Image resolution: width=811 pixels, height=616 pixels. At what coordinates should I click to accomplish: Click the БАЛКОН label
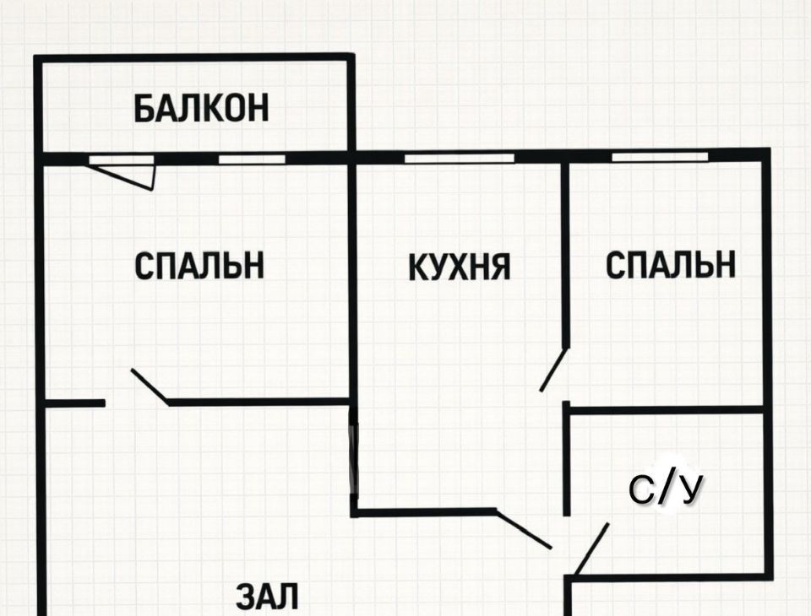click(x=201, y=108)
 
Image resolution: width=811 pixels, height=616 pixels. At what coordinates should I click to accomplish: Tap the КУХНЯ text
click(x=460, y=267)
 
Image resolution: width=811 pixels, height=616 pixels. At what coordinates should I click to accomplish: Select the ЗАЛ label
click(x=266, y=597)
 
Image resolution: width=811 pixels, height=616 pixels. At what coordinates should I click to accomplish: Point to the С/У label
click(x=666, y=489)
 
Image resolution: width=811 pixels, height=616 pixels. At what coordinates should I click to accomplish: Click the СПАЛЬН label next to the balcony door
click(x=199, y=265)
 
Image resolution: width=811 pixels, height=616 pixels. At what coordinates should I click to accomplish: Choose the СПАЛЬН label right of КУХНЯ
click(x=670, y=265)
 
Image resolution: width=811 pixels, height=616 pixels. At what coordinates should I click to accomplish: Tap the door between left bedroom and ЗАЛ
click(x=150, y=386)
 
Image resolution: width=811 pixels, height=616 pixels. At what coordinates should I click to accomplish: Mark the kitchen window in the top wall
click(x=458, y=158)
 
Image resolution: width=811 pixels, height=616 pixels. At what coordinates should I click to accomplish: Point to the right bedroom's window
click(x=659, y=157)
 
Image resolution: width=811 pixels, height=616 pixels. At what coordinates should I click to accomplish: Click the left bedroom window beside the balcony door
click(x=252, y=159)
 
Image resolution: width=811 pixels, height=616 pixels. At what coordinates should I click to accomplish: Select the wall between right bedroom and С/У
click(x=667, y=410)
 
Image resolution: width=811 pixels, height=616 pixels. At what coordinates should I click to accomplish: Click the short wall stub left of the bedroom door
click(x=74, y=403)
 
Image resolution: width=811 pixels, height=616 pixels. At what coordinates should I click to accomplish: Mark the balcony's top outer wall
click(x=193, y=57)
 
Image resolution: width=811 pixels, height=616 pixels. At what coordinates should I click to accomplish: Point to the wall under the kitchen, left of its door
click(x=422, y=511)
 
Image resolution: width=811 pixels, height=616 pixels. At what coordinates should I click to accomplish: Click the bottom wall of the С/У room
click(x=672, y=577)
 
